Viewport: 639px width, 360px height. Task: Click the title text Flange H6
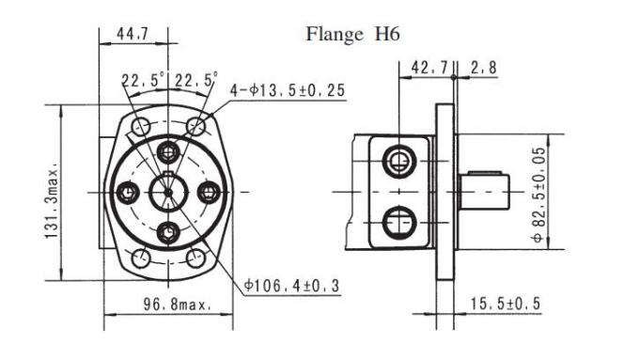352,34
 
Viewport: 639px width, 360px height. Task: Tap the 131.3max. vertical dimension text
52,201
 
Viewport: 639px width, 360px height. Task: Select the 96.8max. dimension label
178,305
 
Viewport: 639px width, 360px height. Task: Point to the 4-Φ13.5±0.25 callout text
288,90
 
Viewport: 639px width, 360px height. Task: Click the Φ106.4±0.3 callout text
291,286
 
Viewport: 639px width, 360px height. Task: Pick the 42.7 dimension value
429,68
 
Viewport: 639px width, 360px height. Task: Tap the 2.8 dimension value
484,68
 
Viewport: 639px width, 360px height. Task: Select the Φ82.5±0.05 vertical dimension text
538,195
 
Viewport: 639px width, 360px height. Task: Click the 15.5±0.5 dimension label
506,304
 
